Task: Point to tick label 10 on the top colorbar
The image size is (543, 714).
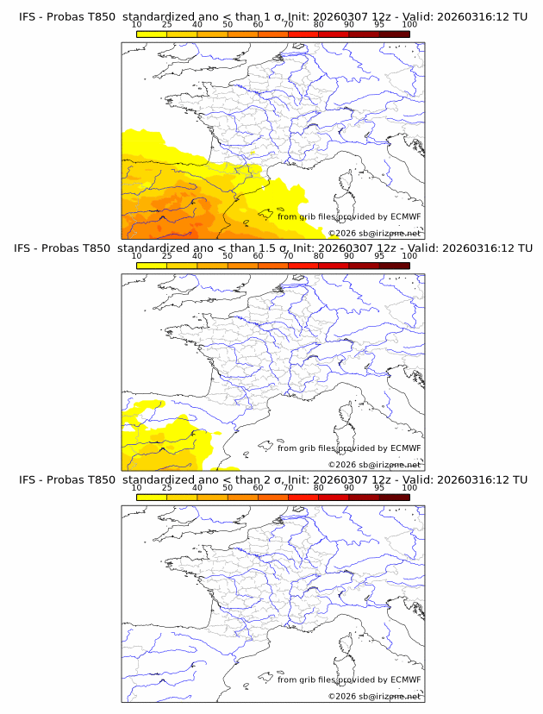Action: coord(137,25)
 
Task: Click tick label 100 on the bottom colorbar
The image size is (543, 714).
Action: coord(409,487)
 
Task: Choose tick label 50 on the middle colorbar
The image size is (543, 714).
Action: coord(228,256)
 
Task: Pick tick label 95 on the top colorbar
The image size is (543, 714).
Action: coord(378,25)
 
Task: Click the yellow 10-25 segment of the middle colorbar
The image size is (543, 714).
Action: coord(152,266)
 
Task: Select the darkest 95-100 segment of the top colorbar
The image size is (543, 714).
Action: coord(394,34)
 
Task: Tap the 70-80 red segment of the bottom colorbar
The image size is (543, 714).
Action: coord(303,497)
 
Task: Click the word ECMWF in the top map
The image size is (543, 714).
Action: coord(405,217)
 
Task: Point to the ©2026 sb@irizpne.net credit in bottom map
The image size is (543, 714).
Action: coord(374,696)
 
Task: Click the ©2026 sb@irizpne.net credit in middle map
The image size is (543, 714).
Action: coord(374,465)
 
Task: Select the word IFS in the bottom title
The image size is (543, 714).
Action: coord(28,479)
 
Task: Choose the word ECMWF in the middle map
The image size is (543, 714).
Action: coord(405,448)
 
